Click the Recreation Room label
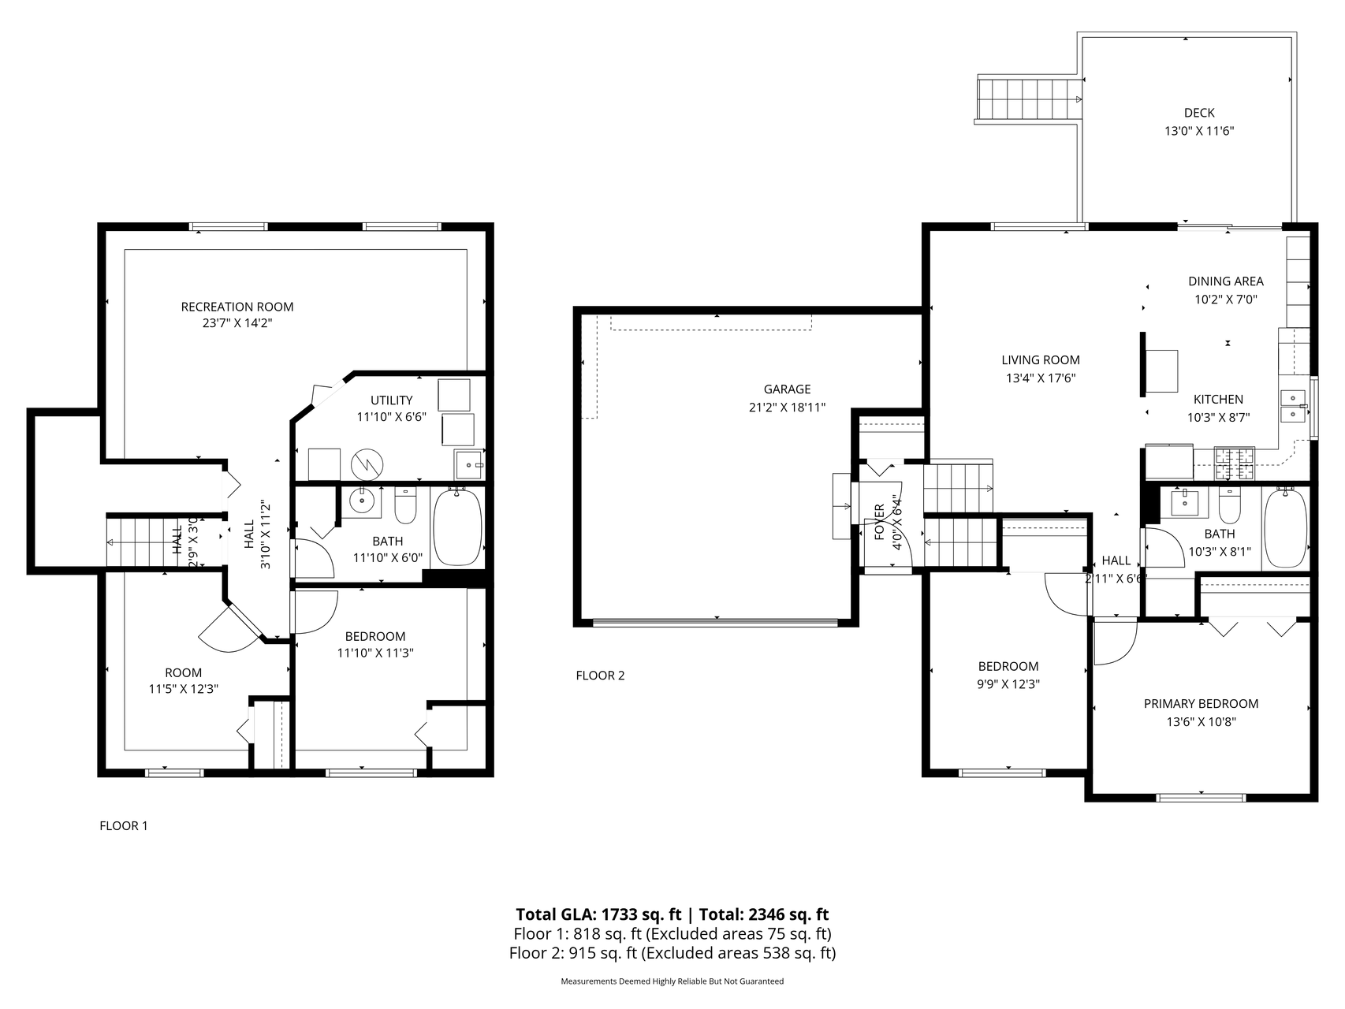[x=237, y=307]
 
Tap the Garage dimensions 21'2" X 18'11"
[x=787, y=408]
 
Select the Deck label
[x=1198, y=113]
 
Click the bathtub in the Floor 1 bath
[x=457, y=527]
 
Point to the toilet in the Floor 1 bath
[x=405, y=506]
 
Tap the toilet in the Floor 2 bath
[x=1230, y=506]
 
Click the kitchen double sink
[x=1292, y=405]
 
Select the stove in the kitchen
[x=1235, y=464]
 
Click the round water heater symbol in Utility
[x=366, y=464]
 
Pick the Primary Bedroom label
[x=1201, y=704]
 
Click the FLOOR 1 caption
[x=123, y=826]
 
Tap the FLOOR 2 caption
[x=600, y=676]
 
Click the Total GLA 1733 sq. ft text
[x=598, y=914]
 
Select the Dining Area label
[x=1225, y=281]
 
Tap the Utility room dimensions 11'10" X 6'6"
[x=391, y=417]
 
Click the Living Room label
[x=1041, y=360]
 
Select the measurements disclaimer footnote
[x=672, y=981]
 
